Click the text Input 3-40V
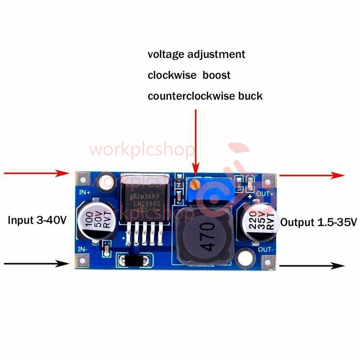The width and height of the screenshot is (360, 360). (x=37, y=220)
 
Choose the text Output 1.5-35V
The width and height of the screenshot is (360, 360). (x=318, y=222)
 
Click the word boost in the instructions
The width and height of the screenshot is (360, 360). (x=216, y=75)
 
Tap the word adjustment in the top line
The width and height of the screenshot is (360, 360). (x=216, y=54)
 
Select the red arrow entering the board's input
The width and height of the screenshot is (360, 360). (x=36, y=174)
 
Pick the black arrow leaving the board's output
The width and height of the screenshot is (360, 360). (x=312, y=266)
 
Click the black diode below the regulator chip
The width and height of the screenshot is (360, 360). (x=133, y=260)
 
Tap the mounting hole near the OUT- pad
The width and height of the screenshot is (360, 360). (x=245, y=258)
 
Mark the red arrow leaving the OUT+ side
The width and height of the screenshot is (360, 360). (x=312, y=175)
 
